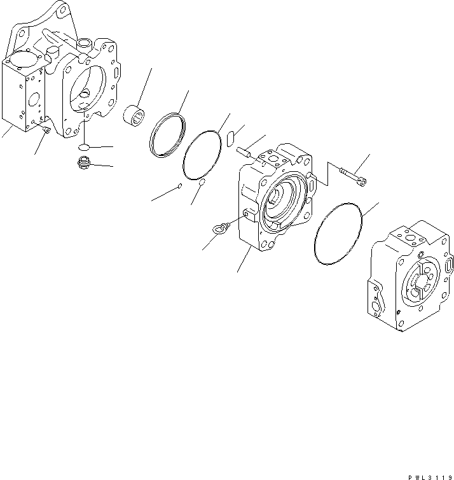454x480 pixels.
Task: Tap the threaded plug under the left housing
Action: tap(82, 164)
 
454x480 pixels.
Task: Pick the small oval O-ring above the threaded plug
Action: tap(83, 148)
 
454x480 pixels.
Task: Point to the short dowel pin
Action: tap(245, 152)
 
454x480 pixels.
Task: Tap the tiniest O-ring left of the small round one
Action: tap(181, 186)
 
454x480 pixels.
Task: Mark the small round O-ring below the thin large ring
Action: tap(202, 182)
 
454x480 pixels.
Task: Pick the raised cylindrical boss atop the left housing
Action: tap(85, 44)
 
